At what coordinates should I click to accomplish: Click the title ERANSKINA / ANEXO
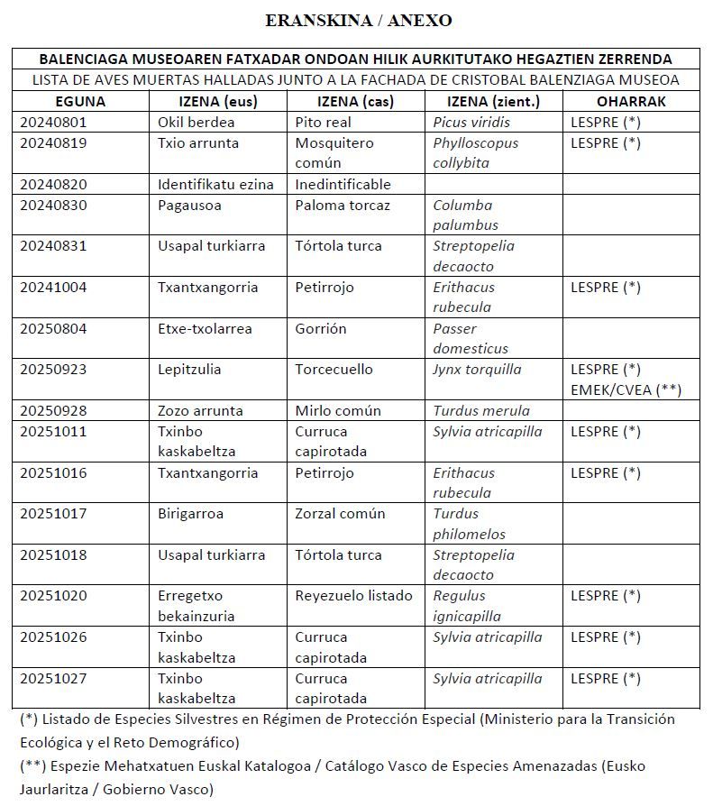(x=359, y=20)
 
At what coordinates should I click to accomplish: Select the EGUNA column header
(x=80, y=101)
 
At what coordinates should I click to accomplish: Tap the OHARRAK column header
(x=631, y=101)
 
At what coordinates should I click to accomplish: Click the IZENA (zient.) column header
(x=493, y=101)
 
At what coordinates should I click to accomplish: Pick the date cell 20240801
(x=54, y=122)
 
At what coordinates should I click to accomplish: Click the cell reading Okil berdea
(x=196, y=122)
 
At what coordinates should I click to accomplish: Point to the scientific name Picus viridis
(x=471, y=122)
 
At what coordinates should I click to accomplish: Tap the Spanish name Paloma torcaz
(x=343, y=205)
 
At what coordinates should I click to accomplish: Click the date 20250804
(x=54, y=328)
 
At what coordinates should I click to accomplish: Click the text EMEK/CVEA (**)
(x=626, y=389)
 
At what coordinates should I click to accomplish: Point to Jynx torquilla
(x=477, y=369)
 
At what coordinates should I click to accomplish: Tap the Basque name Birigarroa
(x=190, y=513)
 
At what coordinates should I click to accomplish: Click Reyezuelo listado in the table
(x=353, y=595)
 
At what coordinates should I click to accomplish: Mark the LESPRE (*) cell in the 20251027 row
(x=606, y=678)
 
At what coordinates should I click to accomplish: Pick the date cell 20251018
(x=54, y=554)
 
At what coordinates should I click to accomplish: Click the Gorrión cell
(x=321, y=328)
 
